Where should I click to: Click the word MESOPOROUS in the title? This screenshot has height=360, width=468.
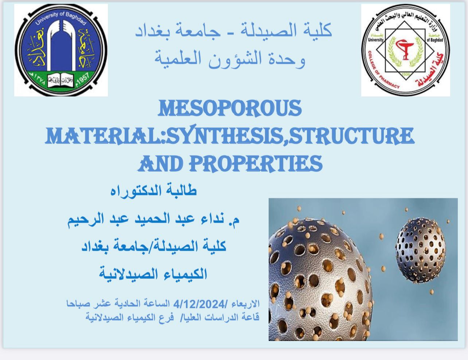(230, 108)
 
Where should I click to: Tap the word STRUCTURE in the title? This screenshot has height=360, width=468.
(351, 136)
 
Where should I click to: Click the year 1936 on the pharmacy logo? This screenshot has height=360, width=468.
(406, 74)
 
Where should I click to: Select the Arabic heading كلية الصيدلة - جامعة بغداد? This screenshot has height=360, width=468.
(234, 31)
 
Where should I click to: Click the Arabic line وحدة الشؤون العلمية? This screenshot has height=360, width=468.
(230, 59)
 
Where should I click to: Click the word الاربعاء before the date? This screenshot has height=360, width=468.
(246, 304)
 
